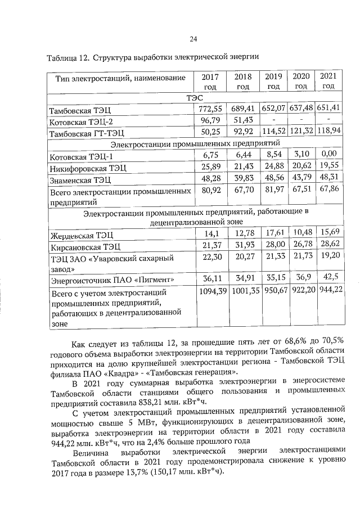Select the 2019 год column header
pos(273,81)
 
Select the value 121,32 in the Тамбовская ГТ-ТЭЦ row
pos(301,132)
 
